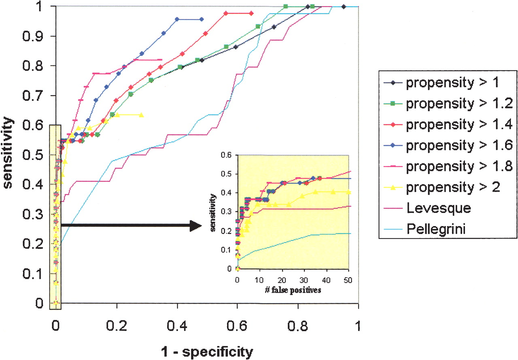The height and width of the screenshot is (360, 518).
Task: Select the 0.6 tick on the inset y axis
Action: (227, 155)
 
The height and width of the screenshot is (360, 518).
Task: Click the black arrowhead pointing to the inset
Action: (195, 226)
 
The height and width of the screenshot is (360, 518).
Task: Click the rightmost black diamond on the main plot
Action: (344, 6)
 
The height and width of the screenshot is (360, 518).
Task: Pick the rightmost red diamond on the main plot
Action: (251, 13)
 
